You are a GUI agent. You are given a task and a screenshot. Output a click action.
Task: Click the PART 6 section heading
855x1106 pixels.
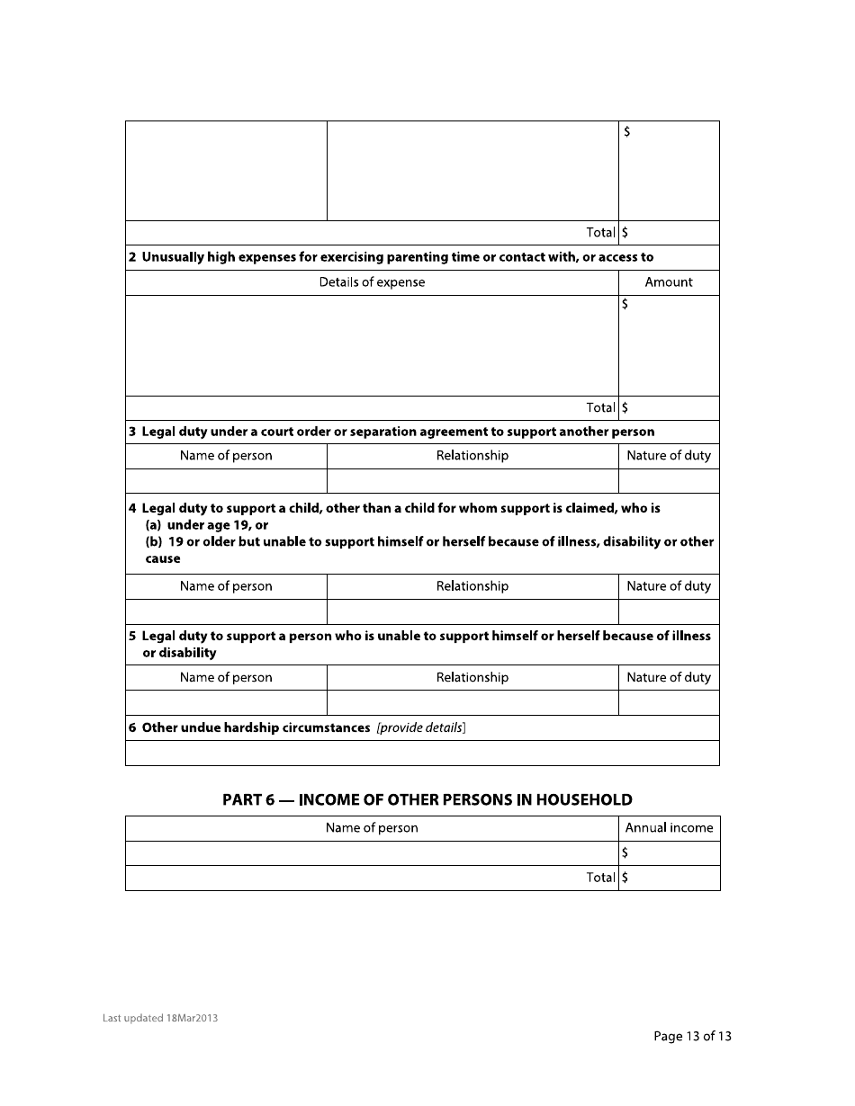tap(427, 799)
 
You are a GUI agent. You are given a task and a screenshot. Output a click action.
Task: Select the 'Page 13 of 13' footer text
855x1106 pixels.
tap(692, 1036)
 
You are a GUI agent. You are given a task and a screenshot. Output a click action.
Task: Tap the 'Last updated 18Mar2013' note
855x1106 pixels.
tap(160, 1018)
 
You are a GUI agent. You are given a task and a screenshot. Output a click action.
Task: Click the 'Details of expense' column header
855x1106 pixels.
tap(372, 282)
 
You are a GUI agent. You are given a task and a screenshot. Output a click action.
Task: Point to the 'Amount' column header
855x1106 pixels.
tap(669, 282)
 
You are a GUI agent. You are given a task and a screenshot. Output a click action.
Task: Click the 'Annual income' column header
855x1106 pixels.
tap(669, 828)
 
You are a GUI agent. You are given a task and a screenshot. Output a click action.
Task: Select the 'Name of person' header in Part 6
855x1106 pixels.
tap(372, 828)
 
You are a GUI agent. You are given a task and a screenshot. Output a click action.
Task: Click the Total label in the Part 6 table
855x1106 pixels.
tap(600, 878)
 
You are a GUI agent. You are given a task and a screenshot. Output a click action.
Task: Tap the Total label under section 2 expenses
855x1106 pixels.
tap(600, 407)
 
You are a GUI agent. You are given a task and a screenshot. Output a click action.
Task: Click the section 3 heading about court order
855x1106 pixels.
tap(391, 432)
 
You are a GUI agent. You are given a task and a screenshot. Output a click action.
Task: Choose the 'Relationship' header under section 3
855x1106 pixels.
tap(472, 456)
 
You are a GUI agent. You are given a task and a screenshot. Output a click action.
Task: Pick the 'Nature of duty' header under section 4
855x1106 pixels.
tap(669, 586)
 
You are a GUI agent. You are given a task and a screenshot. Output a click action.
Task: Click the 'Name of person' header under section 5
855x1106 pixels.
tap(226, 678)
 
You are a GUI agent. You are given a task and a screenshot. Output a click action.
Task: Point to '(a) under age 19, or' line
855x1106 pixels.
tap(207, 525)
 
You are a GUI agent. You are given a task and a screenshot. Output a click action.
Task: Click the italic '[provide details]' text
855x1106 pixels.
tap(421, 727)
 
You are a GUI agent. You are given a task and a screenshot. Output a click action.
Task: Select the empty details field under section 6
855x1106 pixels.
tap(422, 753)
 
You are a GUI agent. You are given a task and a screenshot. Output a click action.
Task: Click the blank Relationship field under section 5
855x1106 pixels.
tap(472, 702)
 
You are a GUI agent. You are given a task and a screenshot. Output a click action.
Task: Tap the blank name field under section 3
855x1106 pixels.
tap(226, 481)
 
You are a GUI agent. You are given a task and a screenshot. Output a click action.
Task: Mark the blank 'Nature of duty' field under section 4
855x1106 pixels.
tap(669, 611)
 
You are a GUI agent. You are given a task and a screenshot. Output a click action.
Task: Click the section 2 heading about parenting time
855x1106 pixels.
tap(391, 257)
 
